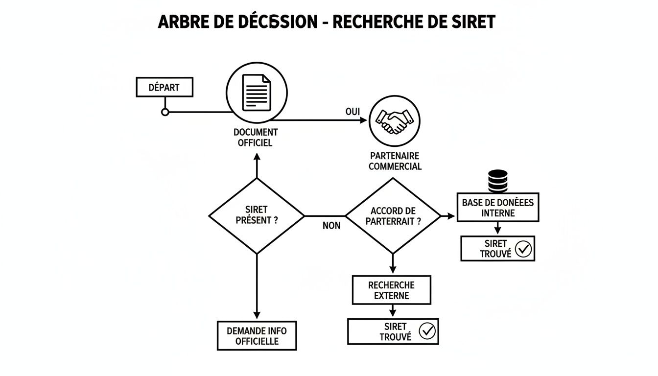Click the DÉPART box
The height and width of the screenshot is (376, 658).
coord(164,88)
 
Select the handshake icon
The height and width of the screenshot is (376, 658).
coord(394,120)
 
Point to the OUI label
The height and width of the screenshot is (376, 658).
coord(352,112)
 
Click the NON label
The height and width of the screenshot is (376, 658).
coord(331,226)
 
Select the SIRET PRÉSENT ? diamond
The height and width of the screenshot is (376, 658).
coord(257,215)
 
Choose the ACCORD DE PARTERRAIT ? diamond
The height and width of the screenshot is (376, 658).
coord(393,215)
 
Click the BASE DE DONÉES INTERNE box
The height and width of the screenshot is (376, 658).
coord(497,207)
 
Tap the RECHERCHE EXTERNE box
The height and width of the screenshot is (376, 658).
coord(391,290)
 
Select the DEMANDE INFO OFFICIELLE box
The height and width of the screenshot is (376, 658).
coord(257,336)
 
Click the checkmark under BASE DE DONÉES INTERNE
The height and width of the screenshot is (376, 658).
coord(523,249)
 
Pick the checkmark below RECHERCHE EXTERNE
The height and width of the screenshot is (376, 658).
coord(427,331)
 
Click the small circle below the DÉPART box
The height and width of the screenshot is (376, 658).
coord(165,112)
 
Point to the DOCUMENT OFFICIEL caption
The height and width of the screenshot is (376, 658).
coord(256,138)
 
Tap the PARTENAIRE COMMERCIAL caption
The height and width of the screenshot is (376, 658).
coord(395,161)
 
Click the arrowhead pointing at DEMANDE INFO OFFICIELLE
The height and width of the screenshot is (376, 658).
coord(257,315)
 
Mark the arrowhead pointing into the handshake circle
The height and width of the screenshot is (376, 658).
coord(363,120)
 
